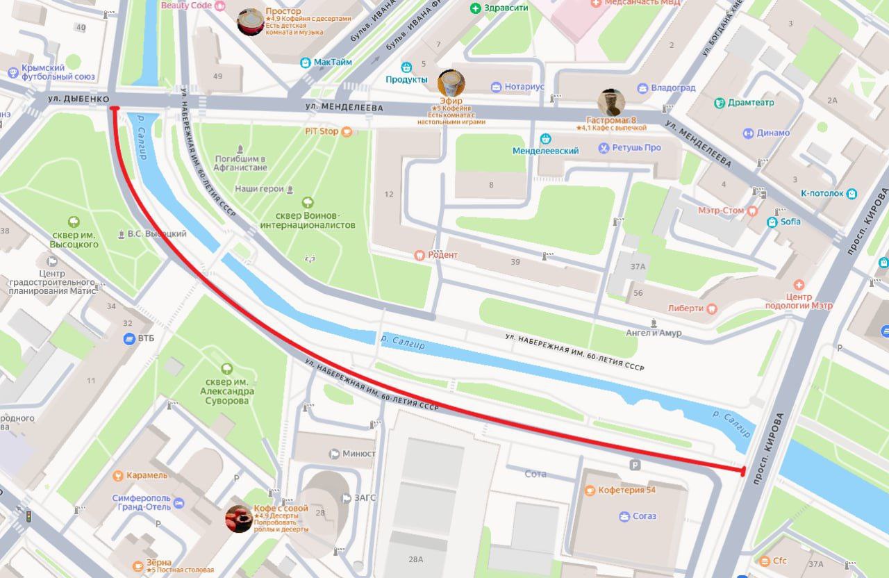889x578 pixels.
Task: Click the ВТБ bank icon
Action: tap(128, 338)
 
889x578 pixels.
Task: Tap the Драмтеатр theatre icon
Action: tap(720, 103)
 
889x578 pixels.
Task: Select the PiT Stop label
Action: tap(322, 131)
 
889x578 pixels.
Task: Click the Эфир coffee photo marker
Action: tap(451, 84)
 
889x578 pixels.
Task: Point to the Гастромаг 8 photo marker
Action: tap(611, 103)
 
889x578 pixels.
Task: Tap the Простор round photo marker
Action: tap(250, 22)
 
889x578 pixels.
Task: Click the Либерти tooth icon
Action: tap(712, 308)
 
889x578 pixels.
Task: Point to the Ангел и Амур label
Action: tap(672, 333)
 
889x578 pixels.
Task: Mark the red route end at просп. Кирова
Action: tap(742, 472)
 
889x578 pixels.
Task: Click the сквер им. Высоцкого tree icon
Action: tap(74, 222)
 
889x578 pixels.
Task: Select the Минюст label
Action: tap(358, 454)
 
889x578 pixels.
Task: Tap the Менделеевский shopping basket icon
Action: tap(546, 138)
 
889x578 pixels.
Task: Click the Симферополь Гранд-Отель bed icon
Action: tap(179, 503)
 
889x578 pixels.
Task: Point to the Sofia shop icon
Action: tap(772, 222)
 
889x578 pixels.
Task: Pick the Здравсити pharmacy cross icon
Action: tap(476, 8)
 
